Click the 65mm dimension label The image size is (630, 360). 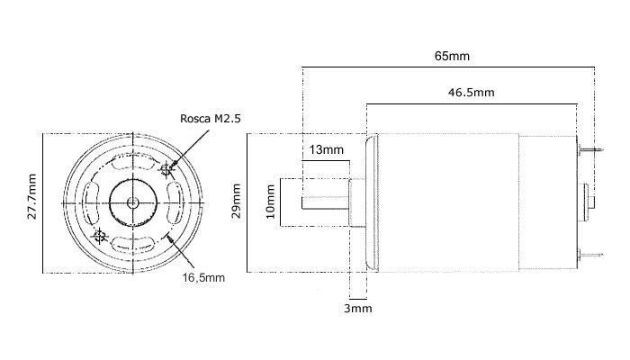(451, 56)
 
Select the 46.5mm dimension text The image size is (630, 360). (471, 93)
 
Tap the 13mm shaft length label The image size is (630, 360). (326, 148)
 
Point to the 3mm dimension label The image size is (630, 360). (358, 309)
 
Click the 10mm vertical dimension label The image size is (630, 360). (272, 202)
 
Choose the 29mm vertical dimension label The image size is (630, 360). (237, 202)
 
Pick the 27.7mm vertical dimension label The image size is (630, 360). (31, 202)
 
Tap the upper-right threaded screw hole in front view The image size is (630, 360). (166, 168)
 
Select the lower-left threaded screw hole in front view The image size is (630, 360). (100, 237)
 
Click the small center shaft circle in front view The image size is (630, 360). (132, 202)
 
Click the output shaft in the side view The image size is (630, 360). (324, 202)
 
